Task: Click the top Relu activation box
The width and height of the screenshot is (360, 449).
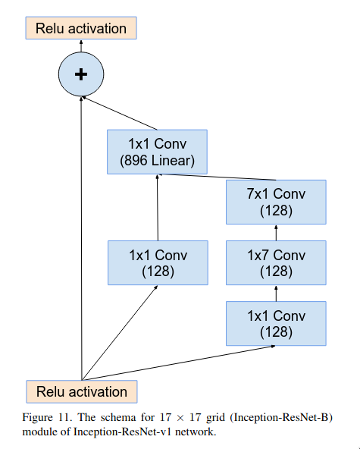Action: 81,28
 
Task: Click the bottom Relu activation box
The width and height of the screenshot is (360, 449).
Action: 82,391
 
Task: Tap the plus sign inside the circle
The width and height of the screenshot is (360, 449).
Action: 81,74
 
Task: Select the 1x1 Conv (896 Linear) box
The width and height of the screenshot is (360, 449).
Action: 157,152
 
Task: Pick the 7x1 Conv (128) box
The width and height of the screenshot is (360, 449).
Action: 276,202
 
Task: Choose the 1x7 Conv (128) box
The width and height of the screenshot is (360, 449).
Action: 276,263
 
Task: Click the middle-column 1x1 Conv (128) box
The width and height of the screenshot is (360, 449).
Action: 158,263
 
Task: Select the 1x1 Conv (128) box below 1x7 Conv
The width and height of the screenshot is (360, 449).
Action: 276,324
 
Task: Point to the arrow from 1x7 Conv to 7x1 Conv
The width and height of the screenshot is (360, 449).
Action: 276,233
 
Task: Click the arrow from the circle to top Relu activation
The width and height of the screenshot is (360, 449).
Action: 81,46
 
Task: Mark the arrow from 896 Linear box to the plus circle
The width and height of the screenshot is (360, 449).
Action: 119,113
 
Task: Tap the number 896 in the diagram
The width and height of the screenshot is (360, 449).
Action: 136,161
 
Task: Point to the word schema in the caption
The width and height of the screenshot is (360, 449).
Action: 118,417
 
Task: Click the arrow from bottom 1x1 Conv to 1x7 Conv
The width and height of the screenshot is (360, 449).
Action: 276,294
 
